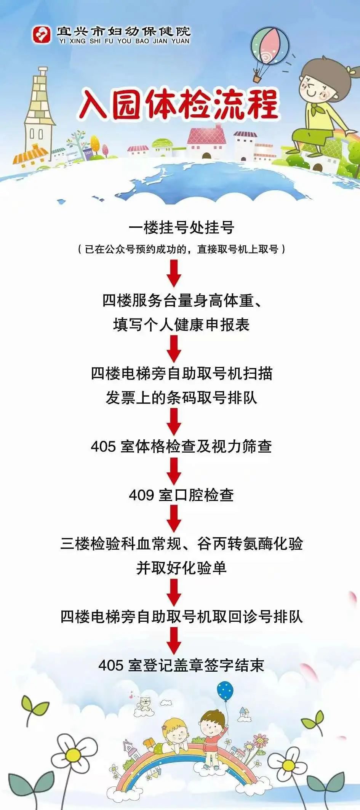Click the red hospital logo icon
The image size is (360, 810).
pyautogui.click(x=41, y=34)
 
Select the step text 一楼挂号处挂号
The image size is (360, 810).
pyautogui.click(x=181, y=228)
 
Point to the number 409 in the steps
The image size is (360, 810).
pyautogui.click(x=141, y=495)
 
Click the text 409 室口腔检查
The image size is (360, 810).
pyautogui.click(x=181, y=495)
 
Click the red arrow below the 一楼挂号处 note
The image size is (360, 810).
pyautogui.click(x=174, y=273)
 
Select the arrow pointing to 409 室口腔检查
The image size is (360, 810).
pyautogui.click(x=174, y=471)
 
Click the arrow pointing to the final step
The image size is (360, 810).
pyautogui.click(x=174, y=641)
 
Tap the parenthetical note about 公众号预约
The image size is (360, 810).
pyautogui.click(x=181, y=249)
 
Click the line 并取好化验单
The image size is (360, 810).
pyautogui.click(x=181, y=568)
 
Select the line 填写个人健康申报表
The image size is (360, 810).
pyautogui.click(x=181, y=325)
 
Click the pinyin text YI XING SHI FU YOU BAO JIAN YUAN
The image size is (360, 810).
pyautogui.click(x=124, y=41)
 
